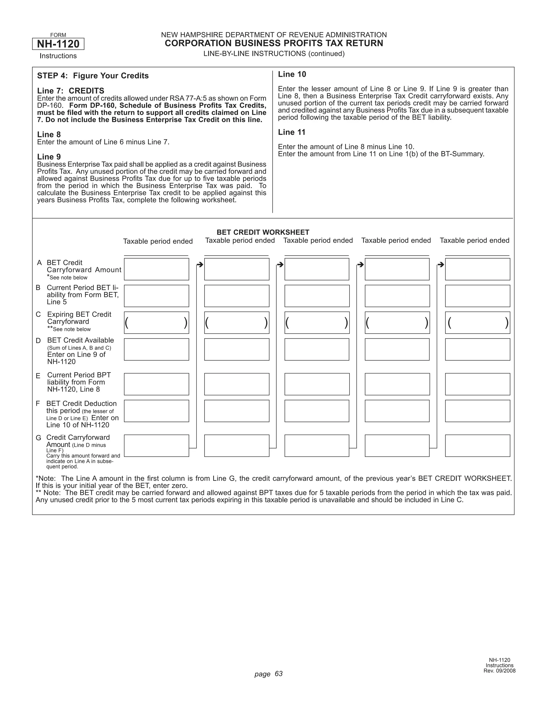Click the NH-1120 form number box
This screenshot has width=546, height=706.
(58, 44)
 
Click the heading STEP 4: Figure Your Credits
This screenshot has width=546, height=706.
(93, 76)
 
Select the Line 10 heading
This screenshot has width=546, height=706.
(292, 74)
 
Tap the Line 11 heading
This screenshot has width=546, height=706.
(291, 132)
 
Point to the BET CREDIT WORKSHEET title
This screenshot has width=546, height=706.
(263, 232)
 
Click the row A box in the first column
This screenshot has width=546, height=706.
(156, 269)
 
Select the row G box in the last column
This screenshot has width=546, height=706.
(477, 445)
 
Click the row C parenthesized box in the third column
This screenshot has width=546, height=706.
(317, 323)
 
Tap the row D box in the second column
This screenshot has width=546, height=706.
(236, 349)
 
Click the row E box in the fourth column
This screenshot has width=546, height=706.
(397, 384)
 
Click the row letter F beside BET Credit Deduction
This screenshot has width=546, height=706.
(38, 403)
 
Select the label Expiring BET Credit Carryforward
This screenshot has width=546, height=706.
(79, 318)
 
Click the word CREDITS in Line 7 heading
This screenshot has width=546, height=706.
(86, 91)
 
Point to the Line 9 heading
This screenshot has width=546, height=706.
(49, 157)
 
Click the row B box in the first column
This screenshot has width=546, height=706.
(156, 296)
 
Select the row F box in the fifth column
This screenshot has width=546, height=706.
(477, 411)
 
